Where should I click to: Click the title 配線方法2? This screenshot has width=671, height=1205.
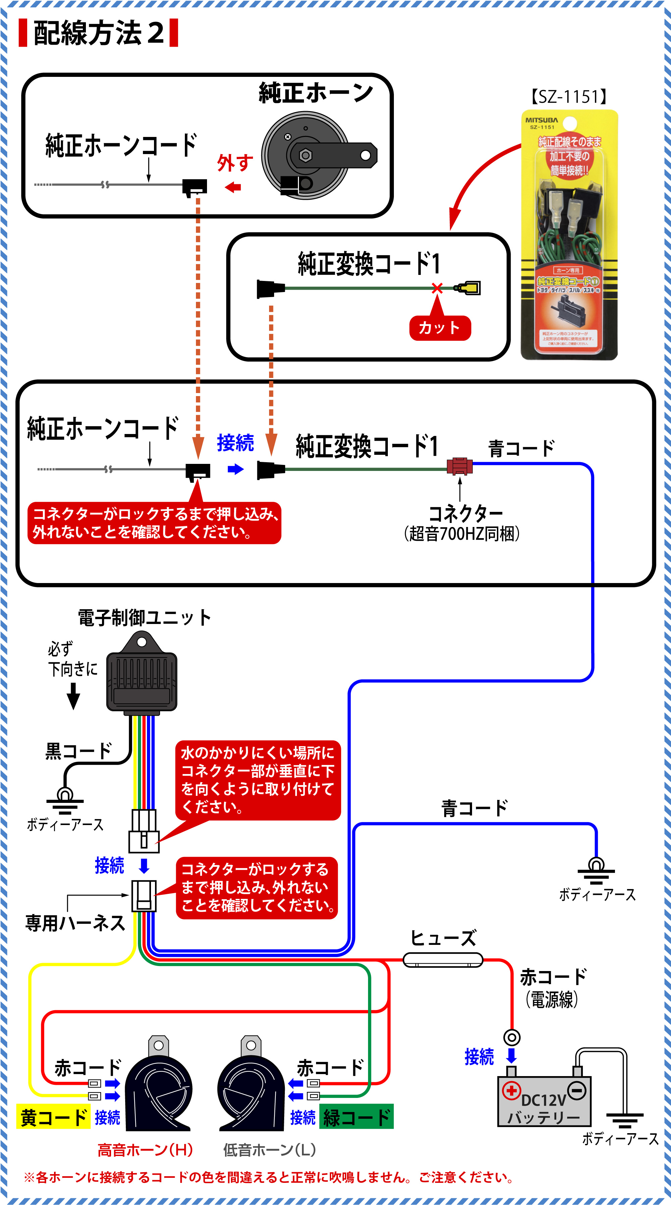99,33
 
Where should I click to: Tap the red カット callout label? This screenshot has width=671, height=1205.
440,328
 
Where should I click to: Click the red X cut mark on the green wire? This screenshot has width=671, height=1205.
437,288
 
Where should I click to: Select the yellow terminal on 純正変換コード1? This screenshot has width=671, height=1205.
469,288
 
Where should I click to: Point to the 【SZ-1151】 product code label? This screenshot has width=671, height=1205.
569,97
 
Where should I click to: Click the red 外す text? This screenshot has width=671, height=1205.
235,163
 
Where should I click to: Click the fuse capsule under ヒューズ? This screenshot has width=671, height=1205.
442,960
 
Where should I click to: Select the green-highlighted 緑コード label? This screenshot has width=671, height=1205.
356,1117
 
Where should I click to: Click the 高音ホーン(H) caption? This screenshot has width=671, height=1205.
145,1150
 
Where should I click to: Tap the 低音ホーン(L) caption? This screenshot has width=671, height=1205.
269,1150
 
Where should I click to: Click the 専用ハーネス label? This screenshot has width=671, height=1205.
75,923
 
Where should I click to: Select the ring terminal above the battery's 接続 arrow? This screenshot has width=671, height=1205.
512,1038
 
